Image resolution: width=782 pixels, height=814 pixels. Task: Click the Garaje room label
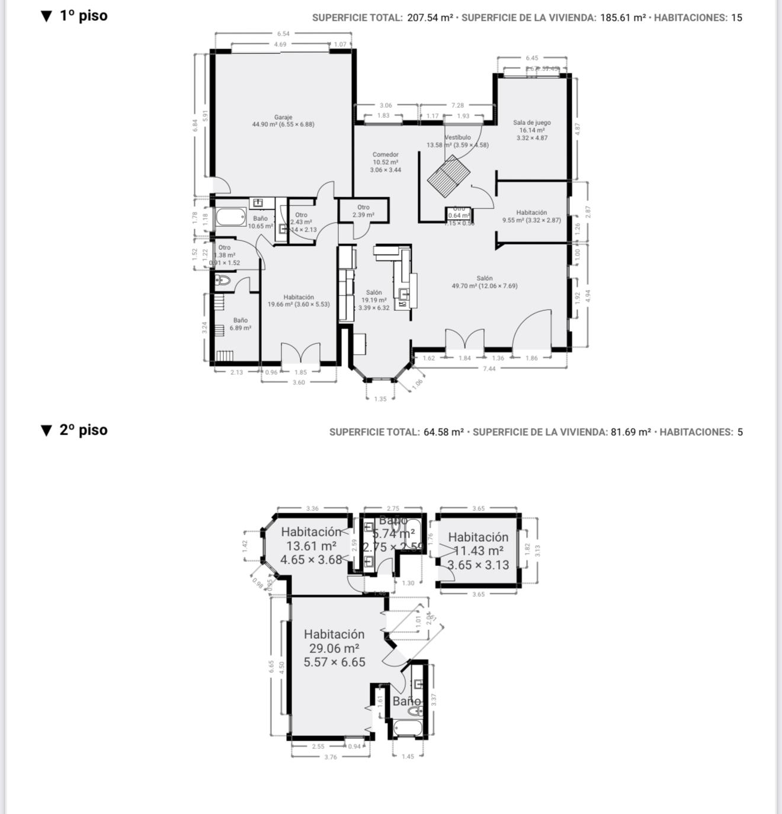283,121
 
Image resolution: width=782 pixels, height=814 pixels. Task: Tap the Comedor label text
386,162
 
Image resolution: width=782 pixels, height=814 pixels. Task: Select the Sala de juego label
532,130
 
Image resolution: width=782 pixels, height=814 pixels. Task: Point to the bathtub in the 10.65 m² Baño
230,217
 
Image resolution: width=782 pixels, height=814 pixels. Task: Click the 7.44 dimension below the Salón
489,369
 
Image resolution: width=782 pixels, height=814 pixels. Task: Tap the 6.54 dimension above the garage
283,34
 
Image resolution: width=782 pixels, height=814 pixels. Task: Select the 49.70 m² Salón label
485,282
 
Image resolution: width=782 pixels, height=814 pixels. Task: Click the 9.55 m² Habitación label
531,216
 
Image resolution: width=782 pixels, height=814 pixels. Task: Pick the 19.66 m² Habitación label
299,301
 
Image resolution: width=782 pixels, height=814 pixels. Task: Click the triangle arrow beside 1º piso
47,16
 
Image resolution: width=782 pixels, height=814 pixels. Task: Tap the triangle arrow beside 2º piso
47,430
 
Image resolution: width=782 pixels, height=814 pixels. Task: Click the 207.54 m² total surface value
430,18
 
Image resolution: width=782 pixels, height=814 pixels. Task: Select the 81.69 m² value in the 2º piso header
630,432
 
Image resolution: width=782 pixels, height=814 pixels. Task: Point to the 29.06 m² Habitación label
334,648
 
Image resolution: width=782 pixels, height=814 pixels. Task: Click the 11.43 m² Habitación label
478,551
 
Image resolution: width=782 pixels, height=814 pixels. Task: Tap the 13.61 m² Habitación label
311,546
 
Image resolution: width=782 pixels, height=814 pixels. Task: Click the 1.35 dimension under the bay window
380,399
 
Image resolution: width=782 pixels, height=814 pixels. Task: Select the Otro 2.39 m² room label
363,211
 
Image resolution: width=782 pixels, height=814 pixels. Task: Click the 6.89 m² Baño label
240,324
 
